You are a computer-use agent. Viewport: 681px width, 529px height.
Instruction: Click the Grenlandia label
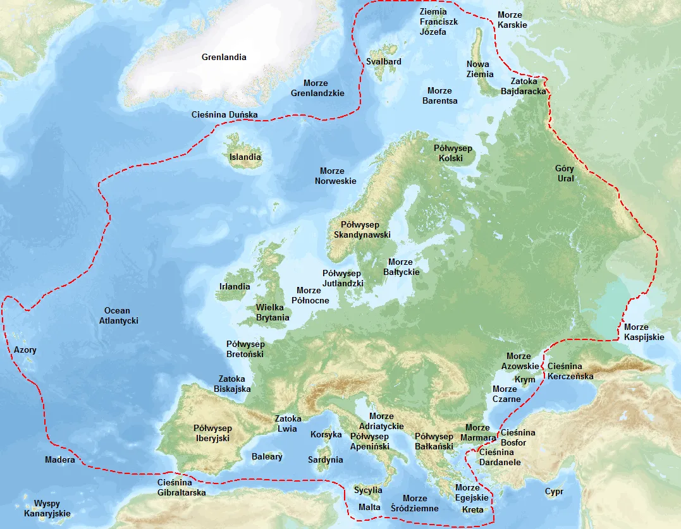tap(224, 57)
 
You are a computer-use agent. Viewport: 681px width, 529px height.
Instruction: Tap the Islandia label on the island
tap(245, 157)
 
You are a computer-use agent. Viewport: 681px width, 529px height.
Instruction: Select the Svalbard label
tap(384, 61)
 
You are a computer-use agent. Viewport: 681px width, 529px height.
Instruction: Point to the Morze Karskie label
tap(512, 20)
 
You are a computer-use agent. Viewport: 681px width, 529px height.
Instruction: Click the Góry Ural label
tap(565, 173)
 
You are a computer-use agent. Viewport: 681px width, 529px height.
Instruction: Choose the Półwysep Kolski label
tap(453, 153)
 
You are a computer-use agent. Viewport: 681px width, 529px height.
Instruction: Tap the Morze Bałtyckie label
tap(401, 267)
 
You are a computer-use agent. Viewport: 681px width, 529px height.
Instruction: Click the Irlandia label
tap(235, 286)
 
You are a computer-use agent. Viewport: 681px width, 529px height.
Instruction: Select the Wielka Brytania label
tap(273, 312)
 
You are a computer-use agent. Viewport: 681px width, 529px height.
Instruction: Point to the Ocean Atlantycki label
tap(118, 315)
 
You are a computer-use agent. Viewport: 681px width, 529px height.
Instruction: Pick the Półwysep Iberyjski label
tap(212, 432)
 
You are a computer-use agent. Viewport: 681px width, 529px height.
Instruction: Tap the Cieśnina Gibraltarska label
tap(181, 487)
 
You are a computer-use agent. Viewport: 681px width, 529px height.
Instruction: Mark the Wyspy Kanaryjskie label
tap(52, 508)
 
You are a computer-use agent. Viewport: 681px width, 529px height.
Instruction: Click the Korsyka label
tap(326, 434)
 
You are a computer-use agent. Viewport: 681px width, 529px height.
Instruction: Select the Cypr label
tap(554, 491)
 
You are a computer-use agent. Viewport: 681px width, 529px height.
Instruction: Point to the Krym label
tap(525, 379)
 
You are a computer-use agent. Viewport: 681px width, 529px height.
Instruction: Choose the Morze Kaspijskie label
tap(644, 332)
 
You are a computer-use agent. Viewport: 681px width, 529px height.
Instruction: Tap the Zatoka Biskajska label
tap(232, 384)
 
